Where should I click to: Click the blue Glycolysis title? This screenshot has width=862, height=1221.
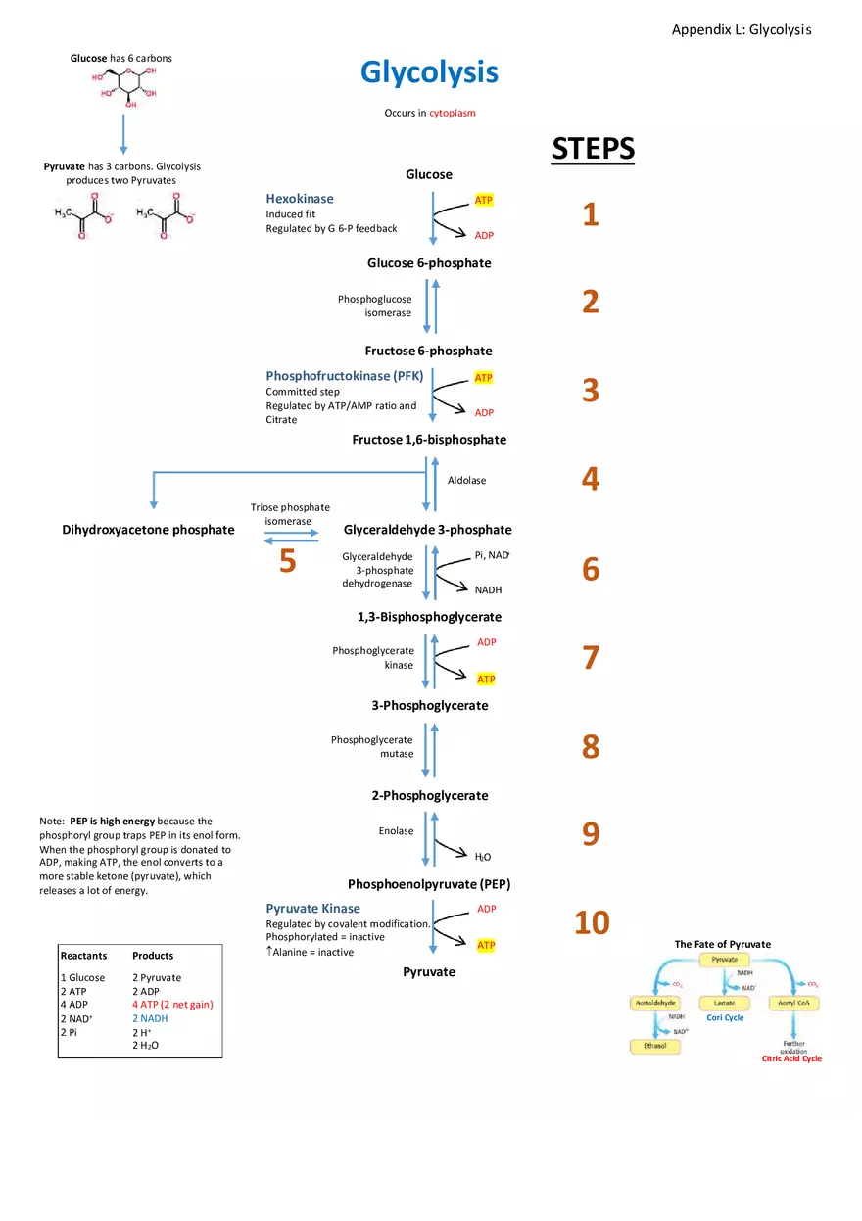(429, 72)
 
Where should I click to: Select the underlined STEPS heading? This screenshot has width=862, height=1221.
(593, 149)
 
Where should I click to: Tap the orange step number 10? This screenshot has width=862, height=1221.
(592, 922)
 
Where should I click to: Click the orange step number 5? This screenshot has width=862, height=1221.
(287, 561)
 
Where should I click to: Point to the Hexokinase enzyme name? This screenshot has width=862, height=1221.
(300, 199)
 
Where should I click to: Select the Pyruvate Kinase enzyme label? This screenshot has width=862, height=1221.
(312, 909)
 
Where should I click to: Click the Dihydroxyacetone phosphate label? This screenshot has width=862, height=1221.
(148, 530)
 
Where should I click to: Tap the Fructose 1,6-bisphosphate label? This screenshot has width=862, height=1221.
(429, 440)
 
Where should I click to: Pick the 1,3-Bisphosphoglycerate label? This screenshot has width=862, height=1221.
(429, 617)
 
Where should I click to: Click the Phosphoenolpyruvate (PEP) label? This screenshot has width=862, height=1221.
(429, 883)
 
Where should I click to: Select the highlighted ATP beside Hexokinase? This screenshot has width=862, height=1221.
(484, 200)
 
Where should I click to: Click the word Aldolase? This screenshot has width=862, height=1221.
(466, 480)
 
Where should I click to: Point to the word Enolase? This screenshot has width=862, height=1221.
(396, 831)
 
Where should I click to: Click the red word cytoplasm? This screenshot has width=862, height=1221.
(453, 113)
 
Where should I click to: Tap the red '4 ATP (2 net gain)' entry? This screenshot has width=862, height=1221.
(172, 1005)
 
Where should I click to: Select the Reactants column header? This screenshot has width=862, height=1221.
(83, 956)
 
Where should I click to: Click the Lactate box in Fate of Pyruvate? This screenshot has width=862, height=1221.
(724, 1003)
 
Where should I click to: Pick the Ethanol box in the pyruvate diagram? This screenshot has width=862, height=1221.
(653, 1046)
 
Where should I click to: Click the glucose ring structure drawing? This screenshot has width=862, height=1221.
(124, 86)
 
